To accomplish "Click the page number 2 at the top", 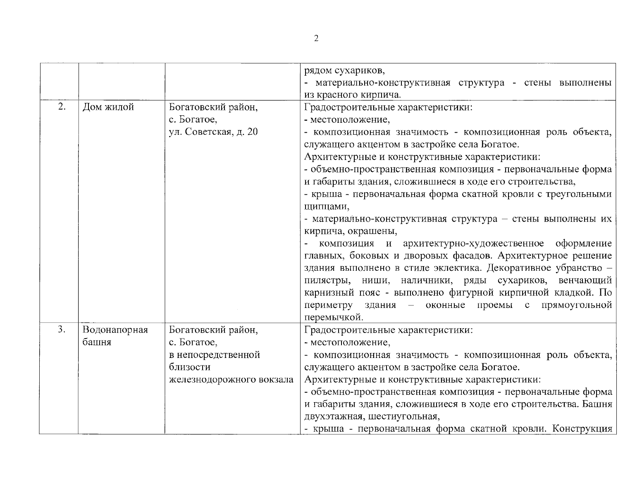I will [316, 39].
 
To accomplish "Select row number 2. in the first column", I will [62, 107].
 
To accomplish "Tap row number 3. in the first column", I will [62, 329].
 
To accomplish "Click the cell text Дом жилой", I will [108, 107].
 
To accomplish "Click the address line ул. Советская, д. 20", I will [213, 132].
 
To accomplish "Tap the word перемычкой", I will [333, 317].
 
